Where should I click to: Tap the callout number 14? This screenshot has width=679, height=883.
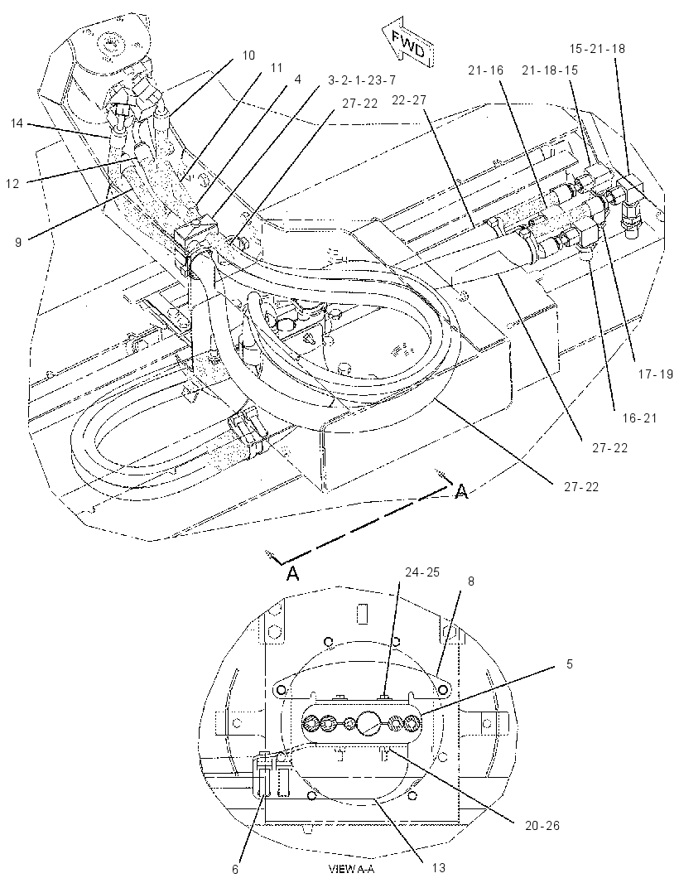[17, 123]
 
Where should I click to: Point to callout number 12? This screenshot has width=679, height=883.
[13, 184]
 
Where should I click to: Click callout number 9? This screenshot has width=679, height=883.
[18, 243]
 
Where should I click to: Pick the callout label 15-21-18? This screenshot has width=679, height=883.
[597, 48]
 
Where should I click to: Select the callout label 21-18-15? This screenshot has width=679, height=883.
[550, 70]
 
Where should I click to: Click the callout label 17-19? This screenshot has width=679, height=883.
[655, 374]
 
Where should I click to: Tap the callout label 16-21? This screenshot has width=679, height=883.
[640, 417]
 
